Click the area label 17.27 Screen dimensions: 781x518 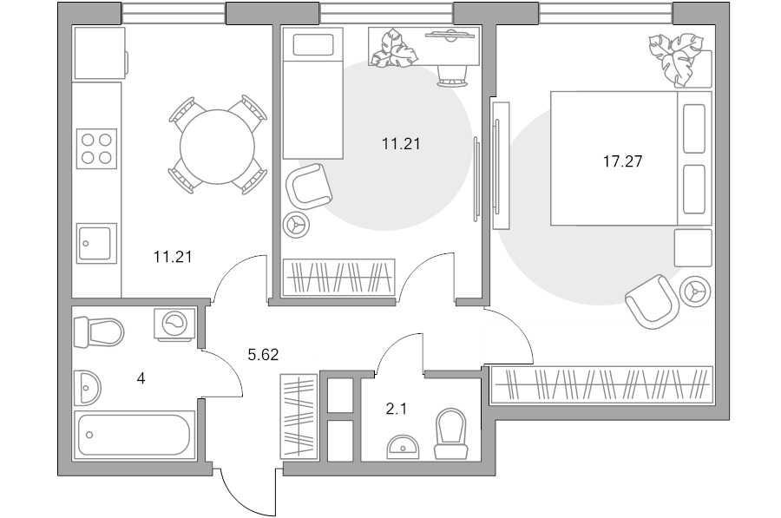coord(622,161)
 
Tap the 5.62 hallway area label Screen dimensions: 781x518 coord(263,355)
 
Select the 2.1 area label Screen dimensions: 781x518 coord(397,409)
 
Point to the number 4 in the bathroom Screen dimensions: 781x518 coord(141,378)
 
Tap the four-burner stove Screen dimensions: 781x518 coord(96,148)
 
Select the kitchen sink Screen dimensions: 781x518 coord(96,243)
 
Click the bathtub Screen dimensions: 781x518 coord(134,435)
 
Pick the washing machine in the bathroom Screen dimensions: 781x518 coord(174,325)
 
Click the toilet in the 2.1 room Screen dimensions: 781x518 coord(450,434)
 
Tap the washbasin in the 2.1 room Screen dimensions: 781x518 coord(403,447)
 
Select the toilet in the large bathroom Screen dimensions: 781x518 coord(99,332)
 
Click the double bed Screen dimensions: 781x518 coord(631,158)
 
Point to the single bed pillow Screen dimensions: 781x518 coord(313,45)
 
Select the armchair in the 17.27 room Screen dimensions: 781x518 coord(652,302)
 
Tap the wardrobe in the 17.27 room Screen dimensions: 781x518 coord(601,384)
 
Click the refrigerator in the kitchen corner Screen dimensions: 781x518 coord(100,53)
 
